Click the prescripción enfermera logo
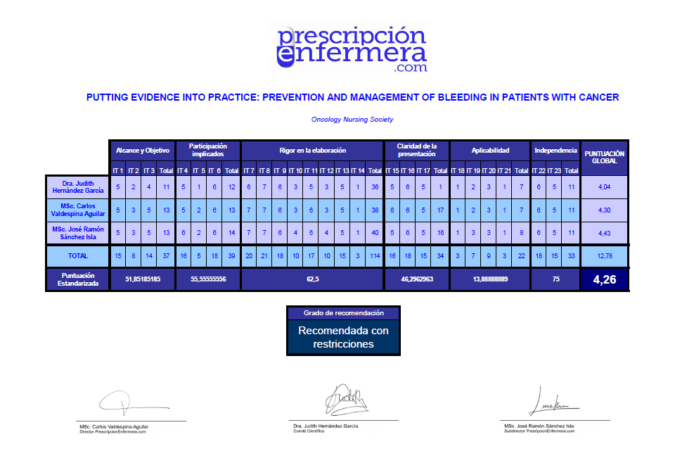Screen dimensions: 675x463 coord(351,49)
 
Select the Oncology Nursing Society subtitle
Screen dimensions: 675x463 coord(352,120)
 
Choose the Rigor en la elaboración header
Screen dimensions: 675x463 coord(313,151)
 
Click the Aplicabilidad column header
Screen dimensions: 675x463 coord(489,151)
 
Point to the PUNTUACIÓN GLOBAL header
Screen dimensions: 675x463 coord(605,158)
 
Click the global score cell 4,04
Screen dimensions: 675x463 coord(605,187)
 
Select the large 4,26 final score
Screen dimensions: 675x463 coord(605,280)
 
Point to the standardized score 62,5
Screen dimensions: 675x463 coord(313,279)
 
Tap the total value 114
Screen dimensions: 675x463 coord(375,257)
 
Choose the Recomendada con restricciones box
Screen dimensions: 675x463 coord(343,337)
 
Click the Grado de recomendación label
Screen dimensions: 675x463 coord(343,312)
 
